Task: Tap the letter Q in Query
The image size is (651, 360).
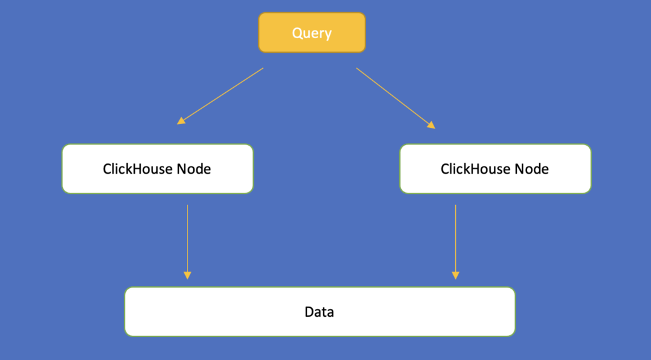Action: pos(297,32)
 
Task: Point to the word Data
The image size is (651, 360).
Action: pos(319,312)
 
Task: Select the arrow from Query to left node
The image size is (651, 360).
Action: pos(220,96)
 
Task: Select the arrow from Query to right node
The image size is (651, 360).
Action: pos(395,98)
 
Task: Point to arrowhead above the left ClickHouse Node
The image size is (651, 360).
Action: pos(181,120)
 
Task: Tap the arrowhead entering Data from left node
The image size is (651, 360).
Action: pos(187,275)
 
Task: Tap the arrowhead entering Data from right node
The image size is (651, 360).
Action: pos(455,275)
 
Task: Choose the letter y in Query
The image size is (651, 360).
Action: pos(328,34)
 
